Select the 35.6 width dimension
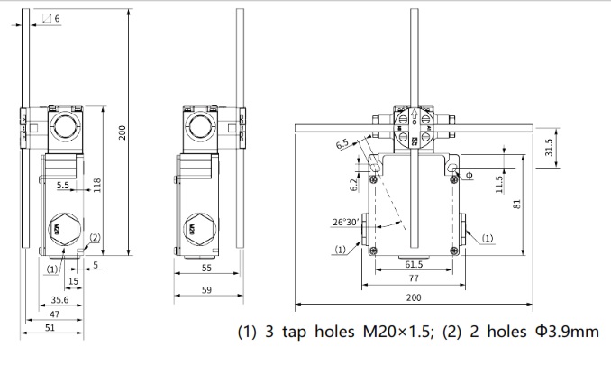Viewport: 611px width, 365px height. pyautogui.click(x=60, y=299)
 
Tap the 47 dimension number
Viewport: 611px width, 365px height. pyautogui.click(x=56, y=313)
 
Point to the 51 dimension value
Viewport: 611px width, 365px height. pyautogui.click(x=52, y=328)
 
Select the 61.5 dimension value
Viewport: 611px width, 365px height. pyautogui.click(x=414, y=264)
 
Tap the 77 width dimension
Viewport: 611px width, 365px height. pyautogui.click(x=414, y=279)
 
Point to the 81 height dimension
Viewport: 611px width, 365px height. pyautogui.click(x=516, y=204)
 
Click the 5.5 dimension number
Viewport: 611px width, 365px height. pyautogui.click(x=63, y=185)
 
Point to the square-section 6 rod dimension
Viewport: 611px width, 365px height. pyautogui.click(x=56, y=18)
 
